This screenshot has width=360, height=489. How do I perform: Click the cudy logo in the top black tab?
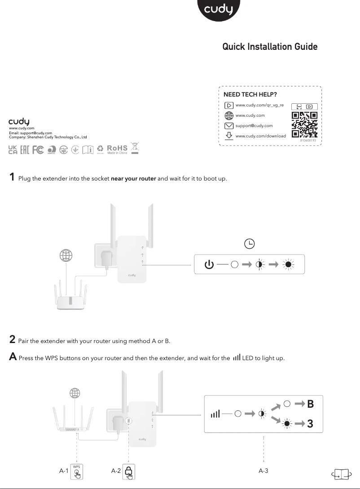(219, 9)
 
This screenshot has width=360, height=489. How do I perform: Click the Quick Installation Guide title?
(270, 47)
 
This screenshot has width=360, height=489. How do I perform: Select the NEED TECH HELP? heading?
(250, 94)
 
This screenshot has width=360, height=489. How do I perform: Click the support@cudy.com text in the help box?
(254, 126)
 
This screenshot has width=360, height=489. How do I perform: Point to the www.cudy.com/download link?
(260, 136)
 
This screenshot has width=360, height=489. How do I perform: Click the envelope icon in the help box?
(229, 126)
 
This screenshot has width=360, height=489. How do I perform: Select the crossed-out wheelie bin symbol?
(135, 149)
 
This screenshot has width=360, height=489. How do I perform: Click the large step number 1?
(13, 177)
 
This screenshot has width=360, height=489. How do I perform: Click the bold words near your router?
(133, 179)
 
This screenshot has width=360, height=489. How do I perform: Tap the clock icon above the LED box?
(249, 244)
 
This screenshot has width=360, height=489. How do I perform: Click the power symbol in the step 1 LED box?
(209, 264)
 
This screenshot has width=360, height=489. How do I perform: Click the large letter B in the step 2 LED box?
(310, 404)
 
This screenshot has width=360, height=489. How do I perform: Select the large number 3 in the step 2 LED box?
(310, 423)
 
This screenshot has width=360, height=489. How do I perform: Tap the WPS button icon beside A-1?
(77, 471)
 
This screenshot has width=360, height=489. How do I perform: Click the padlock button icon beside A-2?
(129, 471)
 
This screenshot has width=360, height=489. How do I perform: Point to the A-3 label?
(263, 471)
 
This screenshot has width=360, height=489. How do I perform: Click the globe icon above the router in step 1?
(66, 256)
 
